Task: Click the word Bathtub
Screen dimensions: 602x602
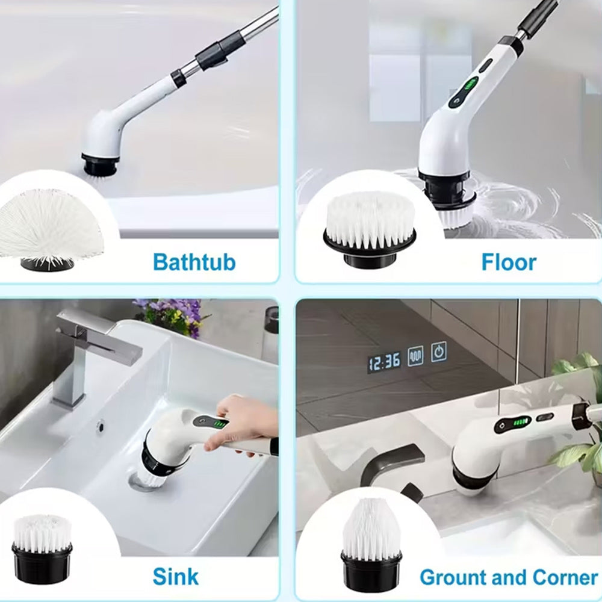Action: [x=194, y=262]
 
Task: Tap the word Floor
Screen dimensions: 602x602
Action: [x=509, y=262]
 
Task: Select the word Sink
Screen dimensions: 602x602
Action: [x=175, y=576]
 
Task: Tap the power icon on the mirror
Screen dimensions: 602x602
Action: [x=439, y=352]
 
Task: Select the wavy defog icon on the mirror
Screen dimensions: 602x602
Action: [x=415, y=355]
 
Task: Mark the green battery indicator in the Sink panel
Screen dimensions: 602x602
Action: [x=220, y=424]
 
